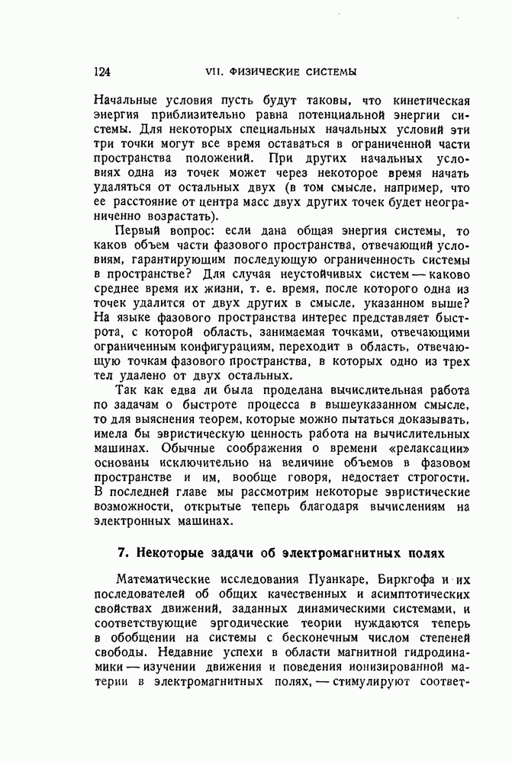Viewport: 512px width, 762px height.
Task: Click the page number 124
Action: (x=101, y=72)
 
